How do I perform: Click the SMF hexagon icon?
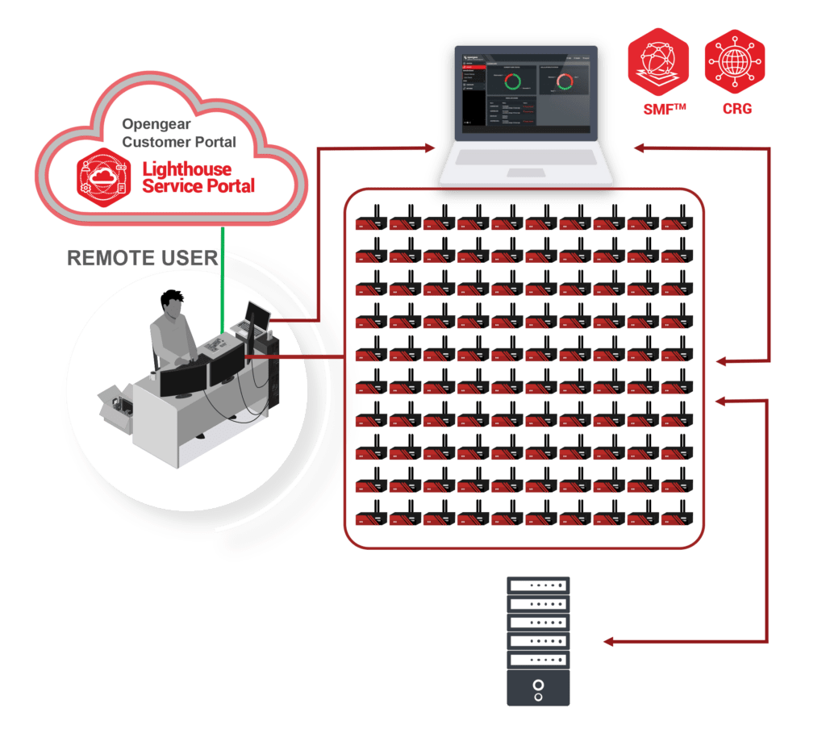pyautogui.click(x=658, y=66)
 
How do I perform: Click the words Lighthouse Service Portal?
pyautogui.click(x=198, y=177)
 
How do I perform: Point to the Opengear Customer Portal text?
pyautogui.click(x=178, y=134)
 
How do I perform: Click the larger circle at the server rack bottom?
pyautogui.click(x=538, y=685)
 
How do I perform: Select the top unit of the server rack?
pyautogui.click(x=538, y=585)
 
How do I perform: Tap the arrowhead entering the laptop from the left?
pyautogui.click(x=429, y=148)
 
